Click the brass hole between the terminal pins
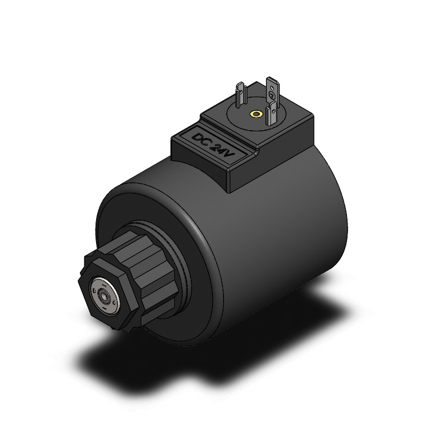[x=256, y=115]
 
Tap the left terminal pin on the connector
[x=241, y=96]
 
